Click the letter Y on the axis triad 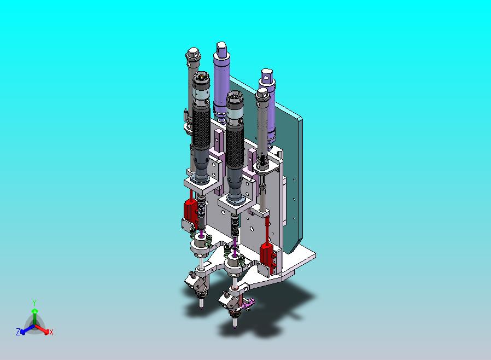point(34,303)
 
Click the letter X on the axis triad point(51,332)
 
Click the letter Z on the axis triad point(18,332)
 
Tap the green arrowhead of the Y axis point(34,311)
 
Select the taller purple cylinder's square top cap point(221,50)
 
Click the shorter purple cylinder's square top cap point(266,77)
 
